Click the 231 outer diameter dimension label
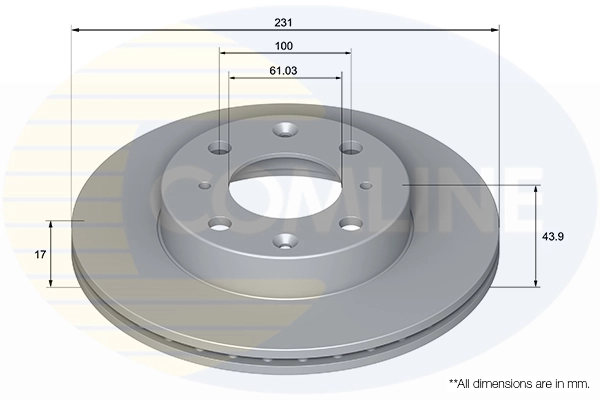pyautogui.click(x=283, y=23)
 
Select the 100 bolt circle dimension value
pyautogui.click(x=284, y=46)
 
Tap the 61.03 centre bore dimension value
pyautogui.click(x=284, y=71)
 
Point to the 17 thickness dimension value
pyautogui.click(x=40, y=254)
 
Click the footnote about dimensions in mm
pyautogui.click(x=519, y=384)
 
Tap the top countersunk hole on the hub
pyautogui.click(x=285, y=129)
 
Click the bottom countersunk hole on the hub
pyautogui.click(x=285, y=241)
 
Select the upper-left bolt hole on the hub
pyautogui.click(x=220, y=148)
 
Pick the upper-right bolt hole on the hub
pyautogui.click(x=352, y=148)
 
